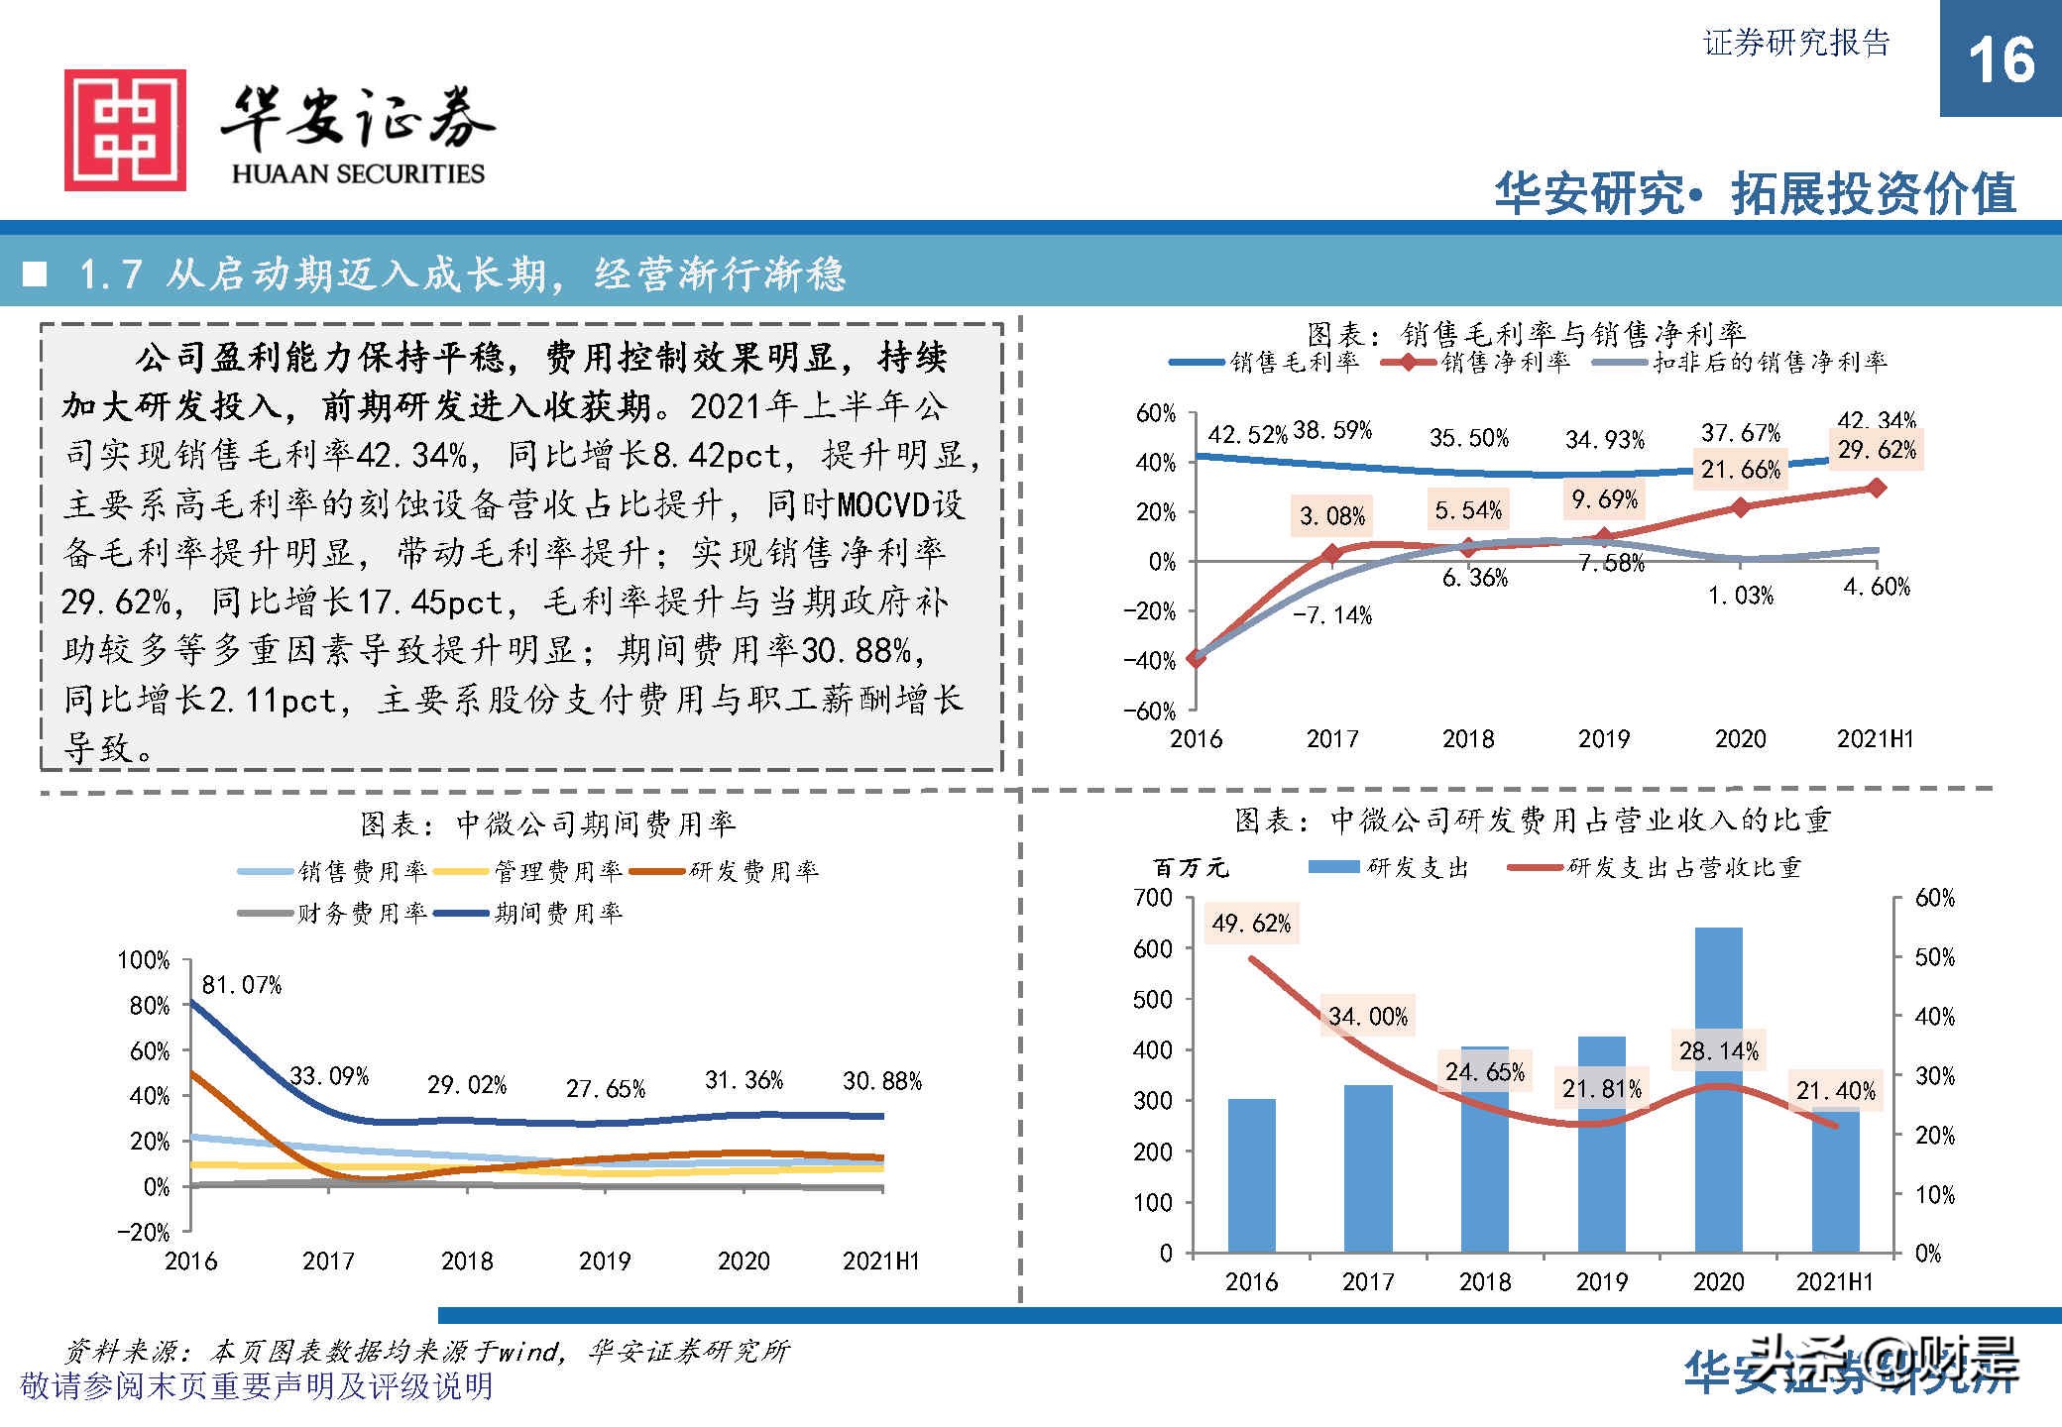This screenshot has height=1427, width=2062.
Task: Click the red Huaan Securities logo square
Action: click(125, 130)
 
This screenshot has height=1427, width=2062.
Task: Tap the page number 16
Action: click(2001, 59)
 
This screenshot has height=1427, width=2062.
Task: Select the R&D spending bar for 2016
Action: click(1251, 1175)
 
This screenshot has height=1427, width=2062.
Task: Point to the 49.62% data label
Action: click(1251, 924)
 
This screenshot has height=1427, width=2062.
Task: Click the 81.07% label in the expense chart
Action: click(242, 985)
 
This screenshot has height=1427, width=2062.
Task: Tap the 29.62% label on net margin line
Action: click(1877, 451)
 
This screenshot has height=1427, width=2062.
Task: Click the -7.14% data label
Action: click(1332, 615)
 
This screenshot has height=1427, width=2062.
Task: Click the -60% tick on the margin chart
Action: click(1150, 710)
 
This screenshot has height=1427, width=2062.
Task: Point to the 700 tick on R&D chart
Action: click(1152, 898)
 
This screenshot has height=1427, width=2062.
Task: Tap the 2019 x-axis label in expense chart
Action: click(605, 1261)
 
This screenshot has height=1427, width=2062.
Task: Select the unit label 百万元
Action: click(1190, 868)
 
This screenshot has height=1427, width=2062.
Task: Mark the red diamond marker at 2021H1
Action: click(1877, 488)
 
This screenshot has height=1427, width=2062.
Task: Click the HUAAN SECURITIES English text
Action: click(358, 174)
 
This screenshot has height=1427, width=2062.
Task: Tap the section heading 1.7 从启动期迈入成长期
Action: click(461, 274)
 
